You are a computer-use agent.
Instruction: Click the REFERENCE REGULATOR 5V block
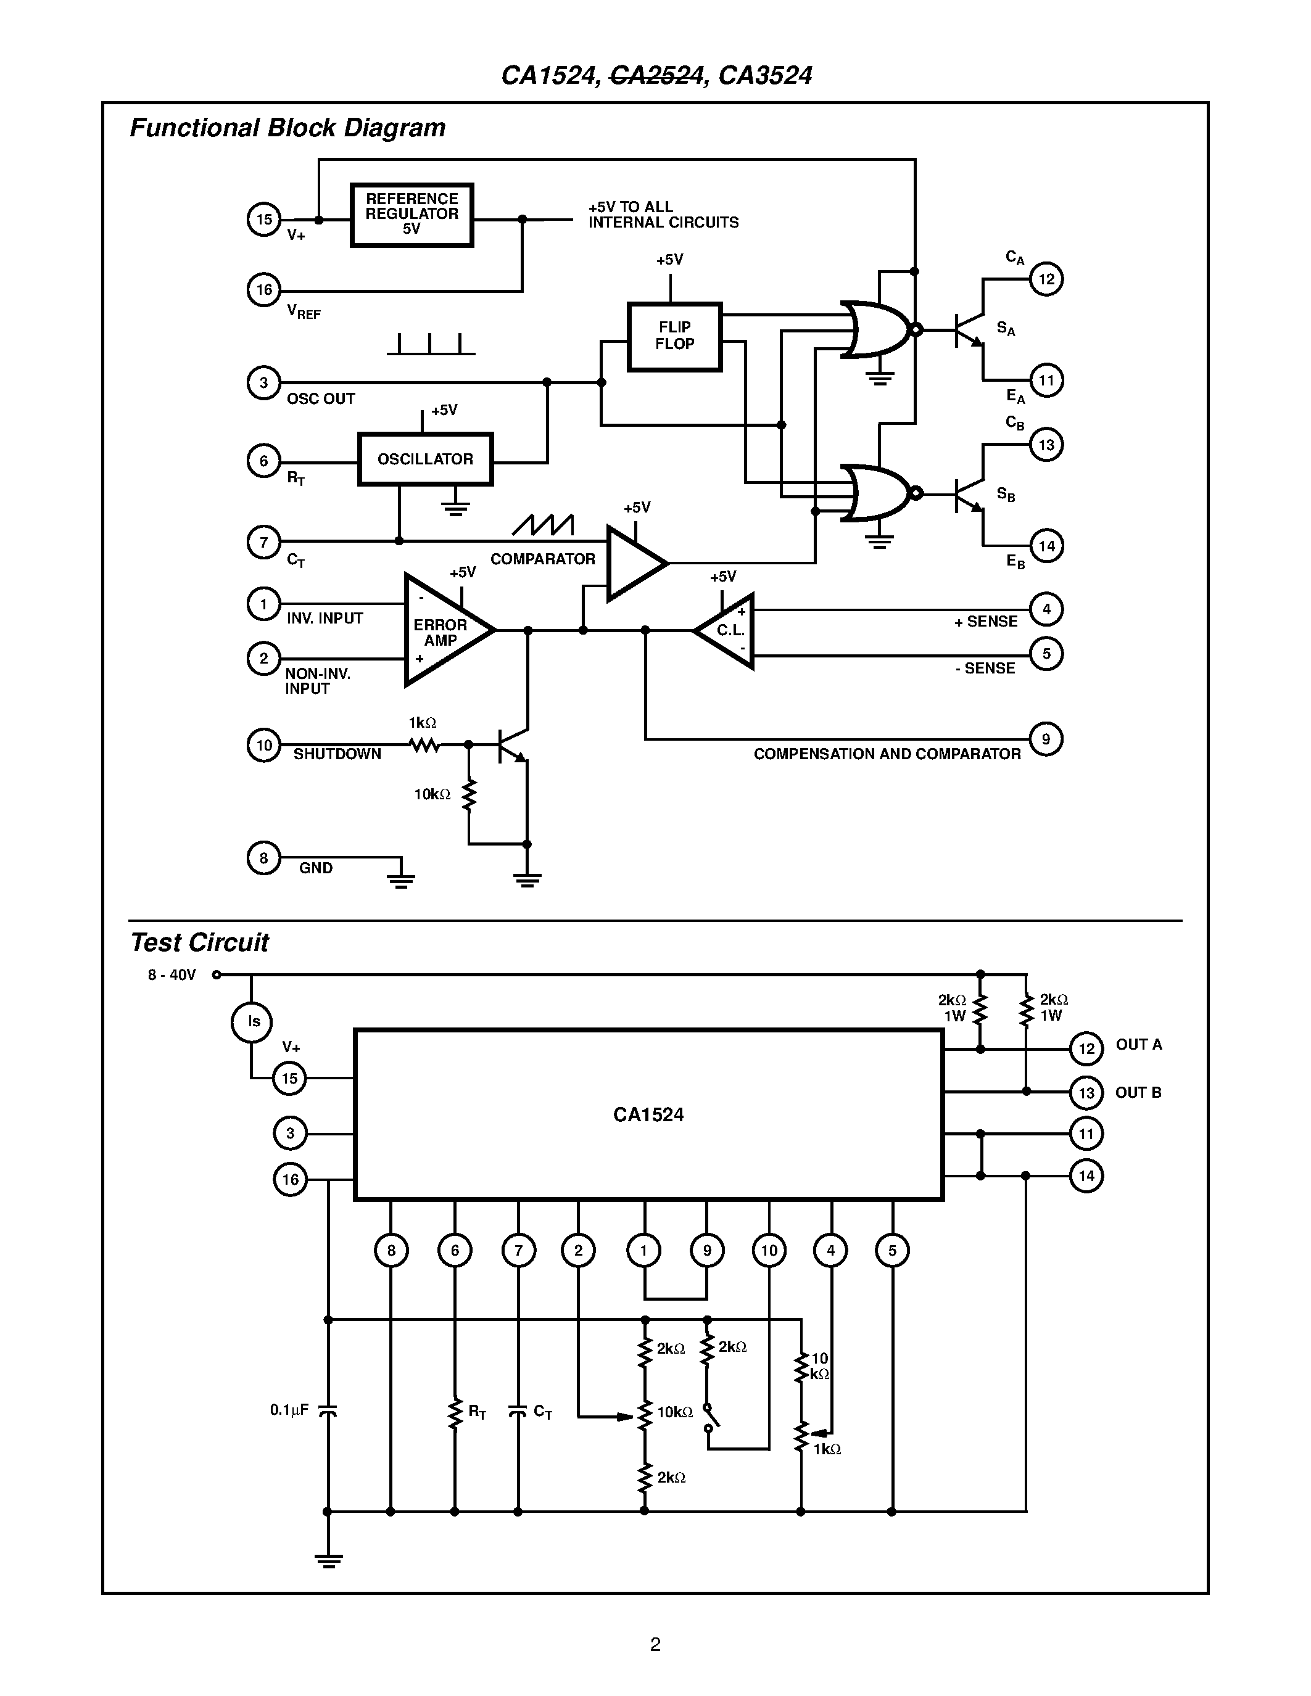point(411,215)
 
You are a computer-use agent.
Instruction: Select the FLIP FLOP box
point(674,336)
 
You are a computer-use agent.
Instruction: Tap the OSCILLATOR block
point(425,459)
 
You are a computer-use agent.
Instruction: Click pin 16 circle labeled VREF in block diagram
point(263,290)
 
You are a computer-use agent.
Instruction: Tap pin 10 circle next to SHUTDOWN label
point(263,746)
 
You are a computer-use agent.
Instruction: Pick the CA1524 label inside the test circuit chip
point(648,1115)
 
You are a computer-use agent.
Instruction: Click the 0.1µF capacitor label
point(289,1409)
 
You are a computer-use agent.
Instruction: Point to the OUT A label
point(1139,1045)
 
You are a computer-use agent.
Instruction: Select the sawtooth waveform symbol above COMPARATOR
point(543,525)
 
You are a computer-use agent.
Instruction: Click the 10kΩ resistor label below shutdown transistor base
point(432,794)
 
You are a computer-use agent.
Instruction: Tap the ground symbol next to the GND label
point(401,878)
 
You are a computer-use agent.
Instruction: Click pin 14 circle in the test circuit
point(1086,1175)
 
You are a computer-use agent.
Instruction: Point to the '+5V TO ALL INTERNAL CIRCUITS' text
point(663,215)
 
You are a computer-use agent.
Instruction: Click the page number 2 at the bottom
point(655,1644)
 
